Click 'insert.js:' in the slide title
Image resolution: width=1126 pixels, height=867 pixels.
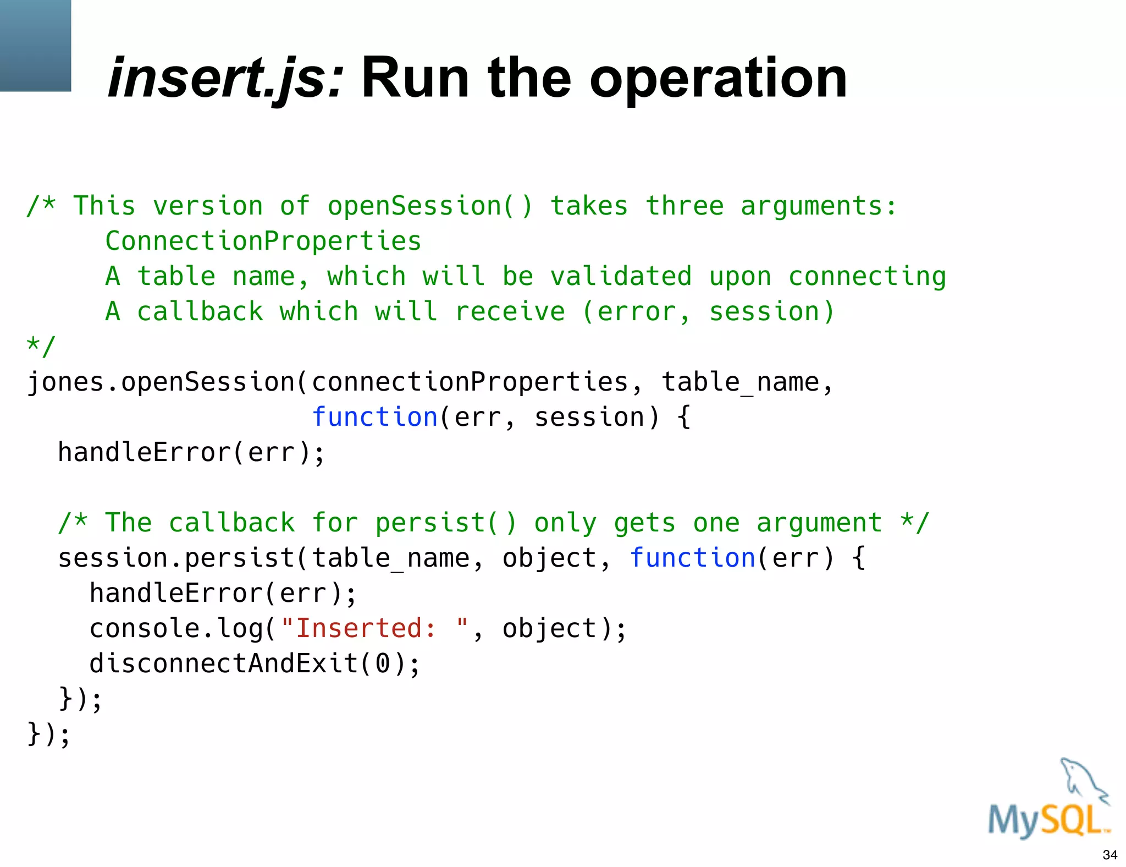[225, 79]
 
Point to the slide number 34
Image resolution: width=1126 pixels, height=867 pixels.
[1110, 855]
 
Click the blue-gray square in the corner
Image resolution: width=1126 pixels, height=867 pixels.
[35, 45]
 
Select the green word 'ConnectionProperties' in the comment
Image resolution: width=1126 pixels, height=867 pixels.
[263, 241]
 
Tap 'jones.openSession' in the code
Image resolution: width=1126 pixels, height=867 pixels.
[161, 382]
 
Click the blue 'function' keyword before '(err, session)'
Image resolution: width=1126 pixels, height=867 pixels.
[374, 417]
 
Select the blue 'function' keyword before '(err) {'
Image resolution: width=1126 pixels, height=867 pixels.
[692, 558]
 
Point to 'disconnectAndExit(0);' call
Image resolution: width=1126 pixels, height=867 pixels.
[255, 663]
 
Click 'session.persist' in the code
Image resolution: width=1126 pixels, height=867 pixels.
[176, 558]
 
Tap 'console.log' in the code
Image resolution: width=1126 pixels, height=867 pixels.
[176, 628]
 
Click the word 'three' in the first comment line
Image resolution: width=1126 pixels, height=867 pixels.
[685, 206]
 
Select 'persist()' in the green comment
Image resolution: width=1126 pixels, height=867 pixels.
[446, 523]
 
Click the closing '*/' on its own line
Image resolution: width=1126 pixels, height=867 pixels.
[41, 347]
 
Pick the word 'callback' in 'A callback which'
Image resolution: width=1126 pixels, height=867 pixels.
[200, 311]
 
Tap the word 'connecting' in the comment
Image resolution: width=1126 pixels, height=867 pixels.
[867, 276]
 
